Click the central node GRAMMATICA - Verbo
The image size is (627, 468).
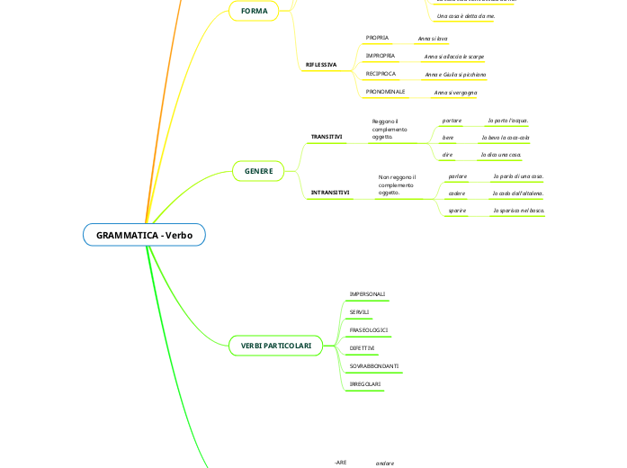click(x=145, y=235)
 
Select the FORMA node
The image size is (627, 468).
click(x=255, y=11)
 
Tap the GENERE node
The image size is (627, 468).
click(x=259, y=170)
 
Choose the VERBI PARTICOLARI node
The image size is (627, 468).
click(x=276, y=346)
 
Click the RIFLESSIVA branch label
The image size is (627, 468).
click(x=321, y=65)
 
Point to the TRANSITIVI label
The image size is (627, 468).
click(x=327, y=137)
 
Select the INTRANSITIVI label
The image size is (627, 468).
click(x=330, y=193)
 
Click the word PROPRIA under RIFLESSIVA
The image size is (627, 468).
click(x=377, y=38)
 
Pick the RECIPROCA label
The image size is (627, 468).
click(x=381, y=74)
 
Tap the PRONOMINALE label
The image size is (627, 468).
click(x=385, y=92)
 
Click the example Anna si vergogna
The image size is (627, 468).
click(x=455, y=93)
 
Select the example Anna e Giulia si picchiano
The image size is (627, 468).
click(x=455, y=75)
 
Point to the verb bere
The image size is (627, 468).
click(x=448, y=138)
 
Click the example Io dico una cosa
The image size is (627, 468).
click(x=501, y=156)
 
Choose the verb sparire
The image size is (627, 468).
click(x=457, y=211)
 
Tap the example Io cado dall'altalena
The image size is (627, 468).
click(x=518, y=193)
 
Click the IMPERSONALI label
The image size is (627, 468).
click(x=367, y=294)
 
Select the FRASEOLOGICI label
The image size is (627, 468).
click(x=368, y=330)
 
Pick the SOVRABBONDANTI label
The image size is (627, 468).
click(x=374, y=366)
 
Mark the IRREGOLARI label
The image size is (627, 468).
click(x=364, y=384)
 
